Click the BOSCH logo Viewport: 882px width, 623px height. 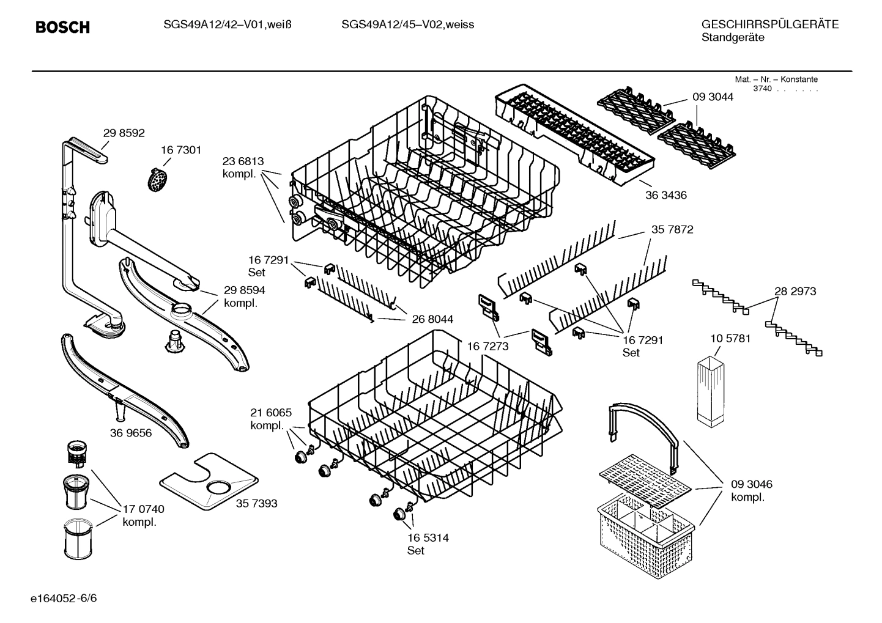click(62, 27)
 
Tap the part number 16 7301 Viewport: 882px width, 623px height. click(181, 150)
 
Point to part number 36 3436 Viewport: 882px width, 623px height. click(665, 196)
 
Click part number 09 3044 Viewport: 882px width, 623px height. click(713, 97)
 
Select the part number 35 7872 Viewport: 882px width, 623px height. click(672, 229)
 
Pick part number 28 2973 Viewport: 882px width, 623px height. click(795, 291)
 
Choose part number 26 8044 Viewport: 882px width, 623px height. click(432, 319)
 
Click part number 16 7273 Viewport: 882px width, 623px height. click(487, 347)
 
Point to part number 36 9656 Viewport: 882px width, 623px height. click(131, 433)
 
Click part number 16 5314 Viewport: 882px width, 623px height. click(428, 537)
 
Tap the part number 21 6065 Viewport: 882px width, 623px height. click(271, 413)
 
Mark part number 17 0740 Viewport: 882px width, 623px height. click(143, 509)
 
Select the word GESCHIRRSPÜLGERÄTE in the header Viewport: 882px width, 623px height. click(769, 24)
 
